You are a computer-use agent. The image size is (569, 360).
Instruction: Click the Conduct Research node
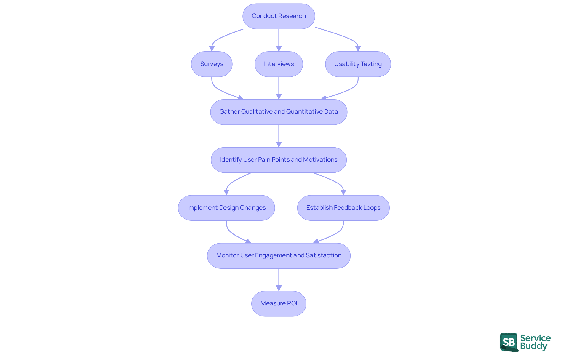[x=279, y=16]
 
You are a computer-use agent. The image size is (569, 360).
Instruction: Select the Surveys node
[x=212, y=64]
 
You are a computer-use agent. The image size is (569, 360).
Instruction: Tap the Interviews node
[x=279, y=64]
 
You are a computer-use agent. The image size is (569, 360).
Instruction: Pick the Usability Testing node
[x=358, y=64]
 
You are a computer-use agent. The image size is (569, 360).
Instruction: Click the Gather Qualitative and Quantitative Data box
[x=279, y=112]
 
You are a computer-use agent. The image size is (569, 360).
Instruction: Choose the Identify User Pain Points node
[x=279, y=160]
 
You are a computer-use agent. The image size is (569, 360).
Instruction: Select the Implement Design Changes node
[x=226, y=208]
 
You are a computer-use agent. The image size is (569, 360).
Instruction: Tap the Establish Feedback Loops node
[x=343, y=208]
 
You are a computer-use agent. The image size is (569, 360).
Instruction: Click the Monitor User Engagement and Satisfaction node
[x=279, y=256]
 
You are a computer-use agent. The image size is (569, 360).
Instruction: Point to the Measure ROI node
[x=279, y=303]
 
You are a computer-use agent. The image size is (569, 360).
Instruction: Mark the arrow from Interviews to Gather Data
[x=279, y=88]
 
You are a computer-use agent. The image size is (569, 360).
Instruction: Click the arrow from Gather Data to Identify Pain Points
[x=279, y=136]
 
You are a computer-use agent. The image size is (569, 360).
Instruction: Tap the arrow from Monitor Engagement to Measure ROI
[x=279, y=280]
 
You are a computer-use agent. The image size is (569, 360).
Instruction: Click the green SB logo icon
[x=509, y=342]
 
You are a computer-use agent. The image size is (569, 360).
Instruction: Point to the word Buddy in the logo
[x=533, y=346]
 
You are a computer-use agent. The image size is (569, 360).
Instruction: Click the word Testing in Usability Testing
[x=371, y=64]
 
